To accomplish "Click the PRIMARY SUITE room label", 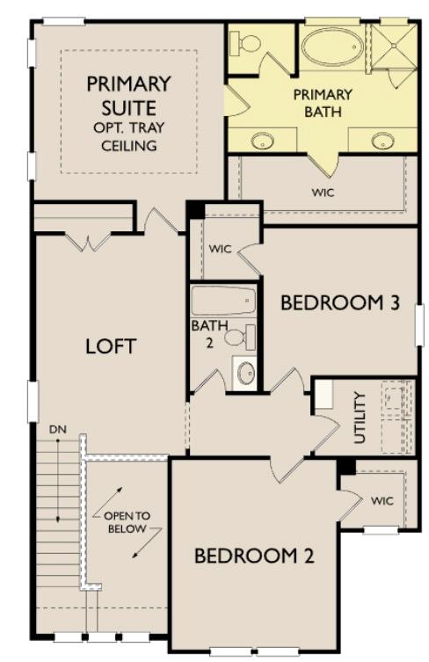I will coord(127,97).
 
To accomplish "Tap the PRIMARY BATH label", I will coord(323,103).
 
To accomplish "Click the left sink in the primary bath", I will coord(263,140).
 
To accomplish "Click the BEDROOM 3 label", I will coord(340,303).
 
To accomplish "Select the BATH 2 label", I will coord(203,333).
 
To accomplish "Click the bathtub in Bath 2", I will coord(223,302).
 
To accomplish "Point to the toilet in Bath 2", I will coord(238,337).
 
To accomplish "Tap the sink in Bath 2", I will coord(245,371).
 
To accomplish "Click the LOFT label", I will coord(111,346).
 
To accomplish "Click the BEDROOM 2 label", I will coord(254,556).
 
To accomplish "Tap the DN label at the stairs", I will coord(58,428).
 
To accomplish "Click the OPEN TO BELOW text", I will coord(127,523).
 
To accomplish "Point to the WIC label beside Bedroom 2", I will coord(382,500).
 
